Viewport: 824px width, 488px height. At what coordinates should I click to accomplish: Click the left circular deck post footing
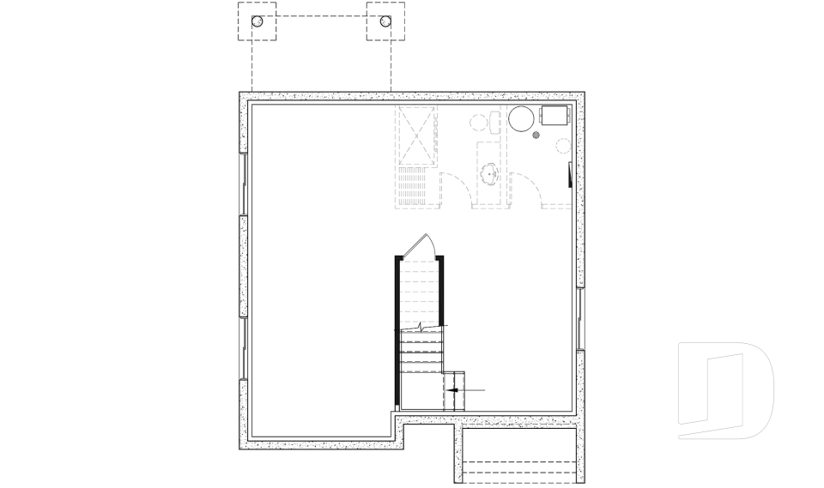257,22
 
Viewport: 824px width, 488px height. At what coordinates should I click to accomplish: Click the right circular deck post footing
385,22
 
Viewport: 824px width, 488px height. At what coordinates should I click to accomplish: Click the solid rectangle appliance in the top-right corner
555,116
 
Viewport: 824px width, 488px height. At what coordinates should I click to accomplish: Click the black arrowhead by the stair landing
456,390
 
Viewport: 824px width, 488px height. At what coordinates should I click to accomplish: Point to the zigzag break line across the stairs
422,328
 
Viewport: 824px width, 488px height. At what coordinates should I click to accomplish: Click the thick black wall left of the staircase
397,330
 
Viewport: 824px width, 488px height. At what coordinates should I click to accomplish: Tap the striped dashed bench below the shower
413,187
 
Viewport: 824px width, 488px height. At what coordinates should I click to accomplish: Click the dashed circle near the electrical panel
563,147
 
